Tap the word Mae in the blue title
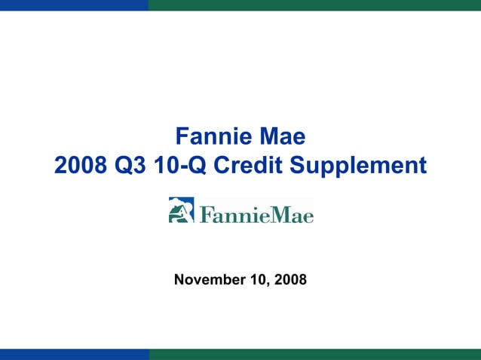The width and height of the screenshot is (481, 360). point(282,137)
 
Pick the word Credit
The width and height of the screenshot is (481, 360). point(248,165)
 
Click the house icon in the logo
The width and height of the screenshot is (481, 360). point(181,210)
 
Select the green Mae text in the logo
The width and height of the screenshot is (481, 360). point(290,214)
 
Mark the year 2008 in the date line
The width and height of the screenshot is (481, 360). point(290,280)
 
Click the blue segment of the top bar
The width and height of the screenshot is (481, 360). point(74,5)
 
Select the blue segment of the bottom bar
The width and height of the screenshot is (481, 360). point(74,354)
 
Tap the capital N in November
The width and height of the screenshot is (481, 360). point(179,280)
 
